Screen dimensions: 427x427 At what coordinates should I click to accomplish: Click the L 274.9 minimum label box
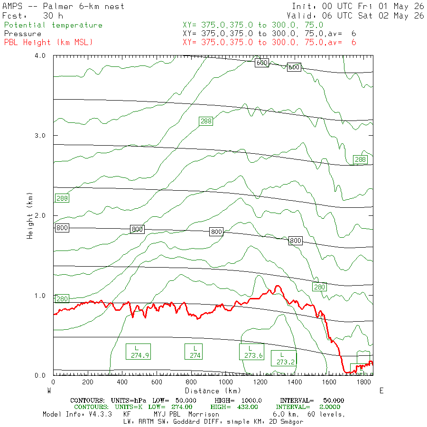coord(138,352)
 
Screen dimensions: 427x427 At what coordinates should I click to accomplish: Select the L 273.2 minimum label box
coord(284,358)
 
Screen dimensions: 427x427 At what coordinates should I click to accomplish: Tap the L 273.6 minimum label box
coord(251,352)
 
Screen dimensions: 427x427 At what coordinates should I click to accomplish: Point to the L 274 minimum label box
coord(194,352)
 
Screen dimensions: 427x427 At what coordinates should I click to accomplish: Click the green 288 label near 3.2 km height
coord(206,121)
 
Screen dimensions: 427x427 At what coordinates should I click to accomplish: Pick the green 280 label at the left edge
coord(62,299)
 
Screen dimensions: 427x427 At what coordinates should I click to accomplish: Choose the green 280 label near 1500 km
coord(319,287)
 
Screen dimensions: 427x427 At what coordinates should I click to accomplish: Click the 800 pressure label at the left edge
coord(62,228)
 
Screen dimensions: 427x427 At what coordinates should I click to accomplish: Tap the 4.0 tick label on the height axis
coord(40,56)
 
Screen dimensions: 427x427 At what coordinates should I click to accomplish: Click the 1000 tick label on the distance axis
coord(225,382)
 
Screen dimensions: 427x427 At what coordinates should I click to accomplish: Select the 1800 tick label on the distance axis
coord(363,382)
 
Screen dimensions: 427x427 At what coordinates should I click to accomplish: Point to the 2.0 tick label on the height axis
coord(40,216)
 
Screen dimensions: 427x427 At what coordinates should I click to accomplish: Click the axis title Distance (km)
coord(213,391)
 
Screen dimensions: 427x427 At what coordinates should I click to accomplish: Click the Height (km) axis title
coord(30,216)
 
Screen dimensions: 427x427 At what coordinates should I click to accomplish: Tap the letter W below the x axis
coord(49,391)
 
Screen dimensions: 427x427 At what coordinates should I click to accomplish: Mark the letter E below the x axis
coord(381,391)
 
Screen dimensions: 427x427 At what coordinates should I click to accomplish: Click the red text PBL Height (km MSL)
coord(48,43)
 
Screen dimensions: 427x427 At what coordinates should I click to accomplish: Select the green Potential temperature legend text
coord(53,25)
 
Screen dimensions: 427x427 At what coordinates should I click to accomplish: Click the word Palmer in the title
coord(58,7)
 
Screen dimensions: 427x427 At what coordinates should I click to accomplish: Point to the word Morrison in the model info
coord(204,415)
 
